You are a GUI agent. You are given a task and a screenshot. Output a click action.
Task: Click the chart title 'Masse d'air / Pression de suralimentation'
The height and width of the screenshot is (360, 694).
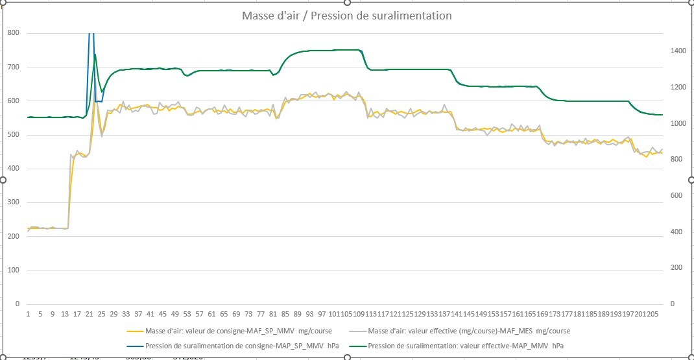[x=346, y=16]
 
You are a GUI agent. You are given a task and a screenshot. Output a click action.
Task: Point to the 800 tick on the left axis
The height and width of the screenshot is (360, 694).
[x=13, y=33]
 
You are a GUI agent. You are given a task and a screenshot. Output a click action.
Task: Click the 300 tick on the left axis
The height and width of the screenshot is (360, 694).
[x=13, y=202]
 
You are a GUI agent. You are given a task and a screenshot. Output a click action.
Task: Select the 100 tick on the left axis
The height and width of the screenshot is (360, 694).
[x=13, y=270]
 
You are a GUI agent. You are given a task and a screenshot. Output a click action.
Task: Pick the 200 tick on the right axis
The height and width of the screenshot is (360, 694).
[x=678, y=267]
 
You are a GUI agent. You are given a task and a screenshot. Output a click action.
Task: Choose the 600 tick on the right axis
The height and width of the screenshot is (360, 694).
[x=678, y=195]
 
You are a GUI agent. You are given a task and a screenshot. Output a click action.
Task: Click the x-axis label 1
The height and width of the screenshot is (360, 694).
[x=29, y=314]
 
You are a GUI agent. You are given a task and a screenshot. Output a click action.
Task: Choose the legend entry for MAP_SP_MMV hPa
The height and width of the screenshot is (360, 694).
[x=241, y=346]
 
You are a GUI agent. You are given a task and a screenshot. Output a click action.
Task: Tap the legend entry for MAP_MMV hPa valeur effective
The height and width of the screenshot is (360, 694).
[x=465, y=346]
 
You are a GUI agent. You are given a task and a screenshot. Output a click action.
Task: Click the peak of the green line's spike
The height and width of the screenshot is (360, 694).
[x=95, y=54]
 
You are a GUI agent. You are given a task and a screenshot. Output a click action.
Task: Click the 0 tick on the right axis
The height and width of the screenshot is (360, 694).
[x=672, y=304]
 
